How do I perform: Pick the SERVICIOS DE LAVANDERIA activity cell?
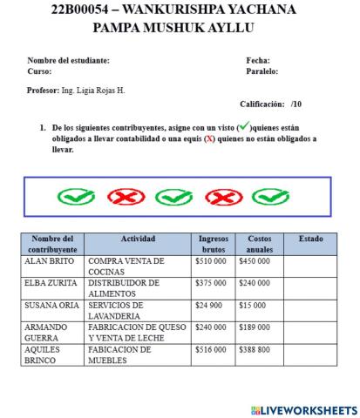point(138,311)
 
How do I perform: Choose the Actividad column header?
point(138,238)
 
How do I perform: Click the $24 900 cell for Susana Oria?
point(213,306)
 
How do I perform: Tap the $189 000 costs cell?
point(259,327)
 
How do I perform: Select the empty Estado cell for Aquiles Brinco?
point(309,354)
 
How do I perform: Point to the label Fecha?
point(258,60)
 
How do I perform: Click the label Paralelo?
point(263,71)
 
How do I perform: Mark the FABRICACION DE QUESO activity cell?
point(138,333)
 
